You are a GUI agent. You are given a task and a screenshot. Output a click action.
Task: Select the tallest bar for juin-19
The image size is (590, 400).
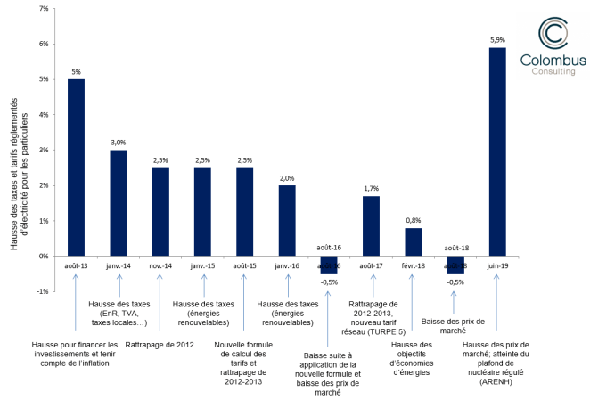point(498,151)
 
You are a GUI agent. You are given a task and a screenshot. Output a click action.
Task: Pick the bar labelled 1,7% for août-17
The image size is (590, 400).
point(372,226)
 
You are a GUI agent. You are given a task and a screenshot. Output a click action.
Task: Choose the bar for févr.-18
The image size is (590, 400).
point(414,242)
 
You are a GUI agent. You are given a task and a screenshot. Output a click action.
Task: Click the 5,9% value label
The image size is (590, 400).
point(498,39)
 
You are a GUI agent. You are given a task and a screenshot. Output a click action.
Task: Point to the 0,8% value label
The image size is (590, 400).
point(414,220)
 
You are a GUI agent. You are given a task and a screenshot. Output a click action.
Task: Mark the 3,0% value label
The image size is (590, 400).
point(119,142)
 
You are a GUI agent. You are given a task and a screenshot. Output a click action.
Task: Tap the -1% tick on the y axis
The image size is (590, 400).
point(44,291)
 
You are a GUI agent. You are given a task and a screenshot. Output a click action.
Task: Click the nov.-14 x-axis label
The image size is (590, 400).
point(160,265)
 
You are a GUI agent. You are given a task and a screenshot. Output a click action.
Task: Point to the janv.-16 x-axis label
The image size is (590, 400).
point(287,265)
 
